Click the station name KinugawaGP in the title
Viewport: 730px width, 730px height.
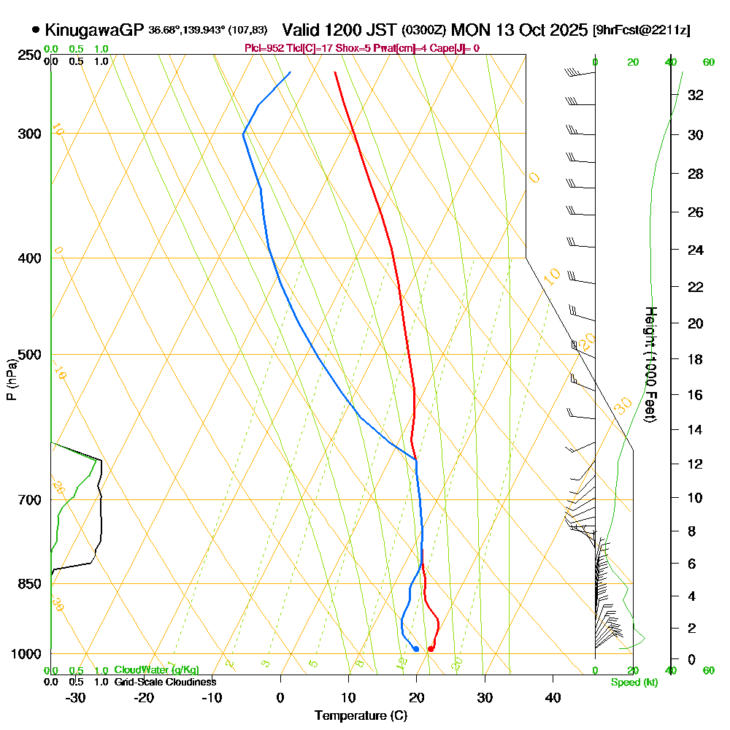coord(94,30)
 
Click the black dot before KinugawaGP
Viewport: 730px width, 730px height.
coord(36,30)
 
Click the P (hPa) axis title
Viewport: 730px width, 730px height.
coord(11,380)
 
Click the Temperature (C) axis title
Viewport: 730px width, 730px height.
coord(361,716)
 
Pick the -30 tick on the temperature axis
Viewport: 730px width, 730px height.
coord(76,698)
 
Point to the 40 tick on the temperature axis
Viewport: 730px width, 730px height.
coord(553,698)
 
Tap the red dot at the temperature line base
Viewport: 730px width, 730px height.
coord(431,648)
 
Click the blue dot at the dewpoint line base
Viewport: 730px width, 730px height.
coord(415,648)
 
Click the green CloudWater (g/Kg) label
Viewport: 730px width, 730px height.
coord(156,670)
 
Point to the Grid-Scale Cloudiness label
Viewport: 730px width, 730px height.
coord(165,682)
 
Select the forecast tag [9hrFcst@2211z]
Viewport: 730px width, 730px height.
coord(642,30)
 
